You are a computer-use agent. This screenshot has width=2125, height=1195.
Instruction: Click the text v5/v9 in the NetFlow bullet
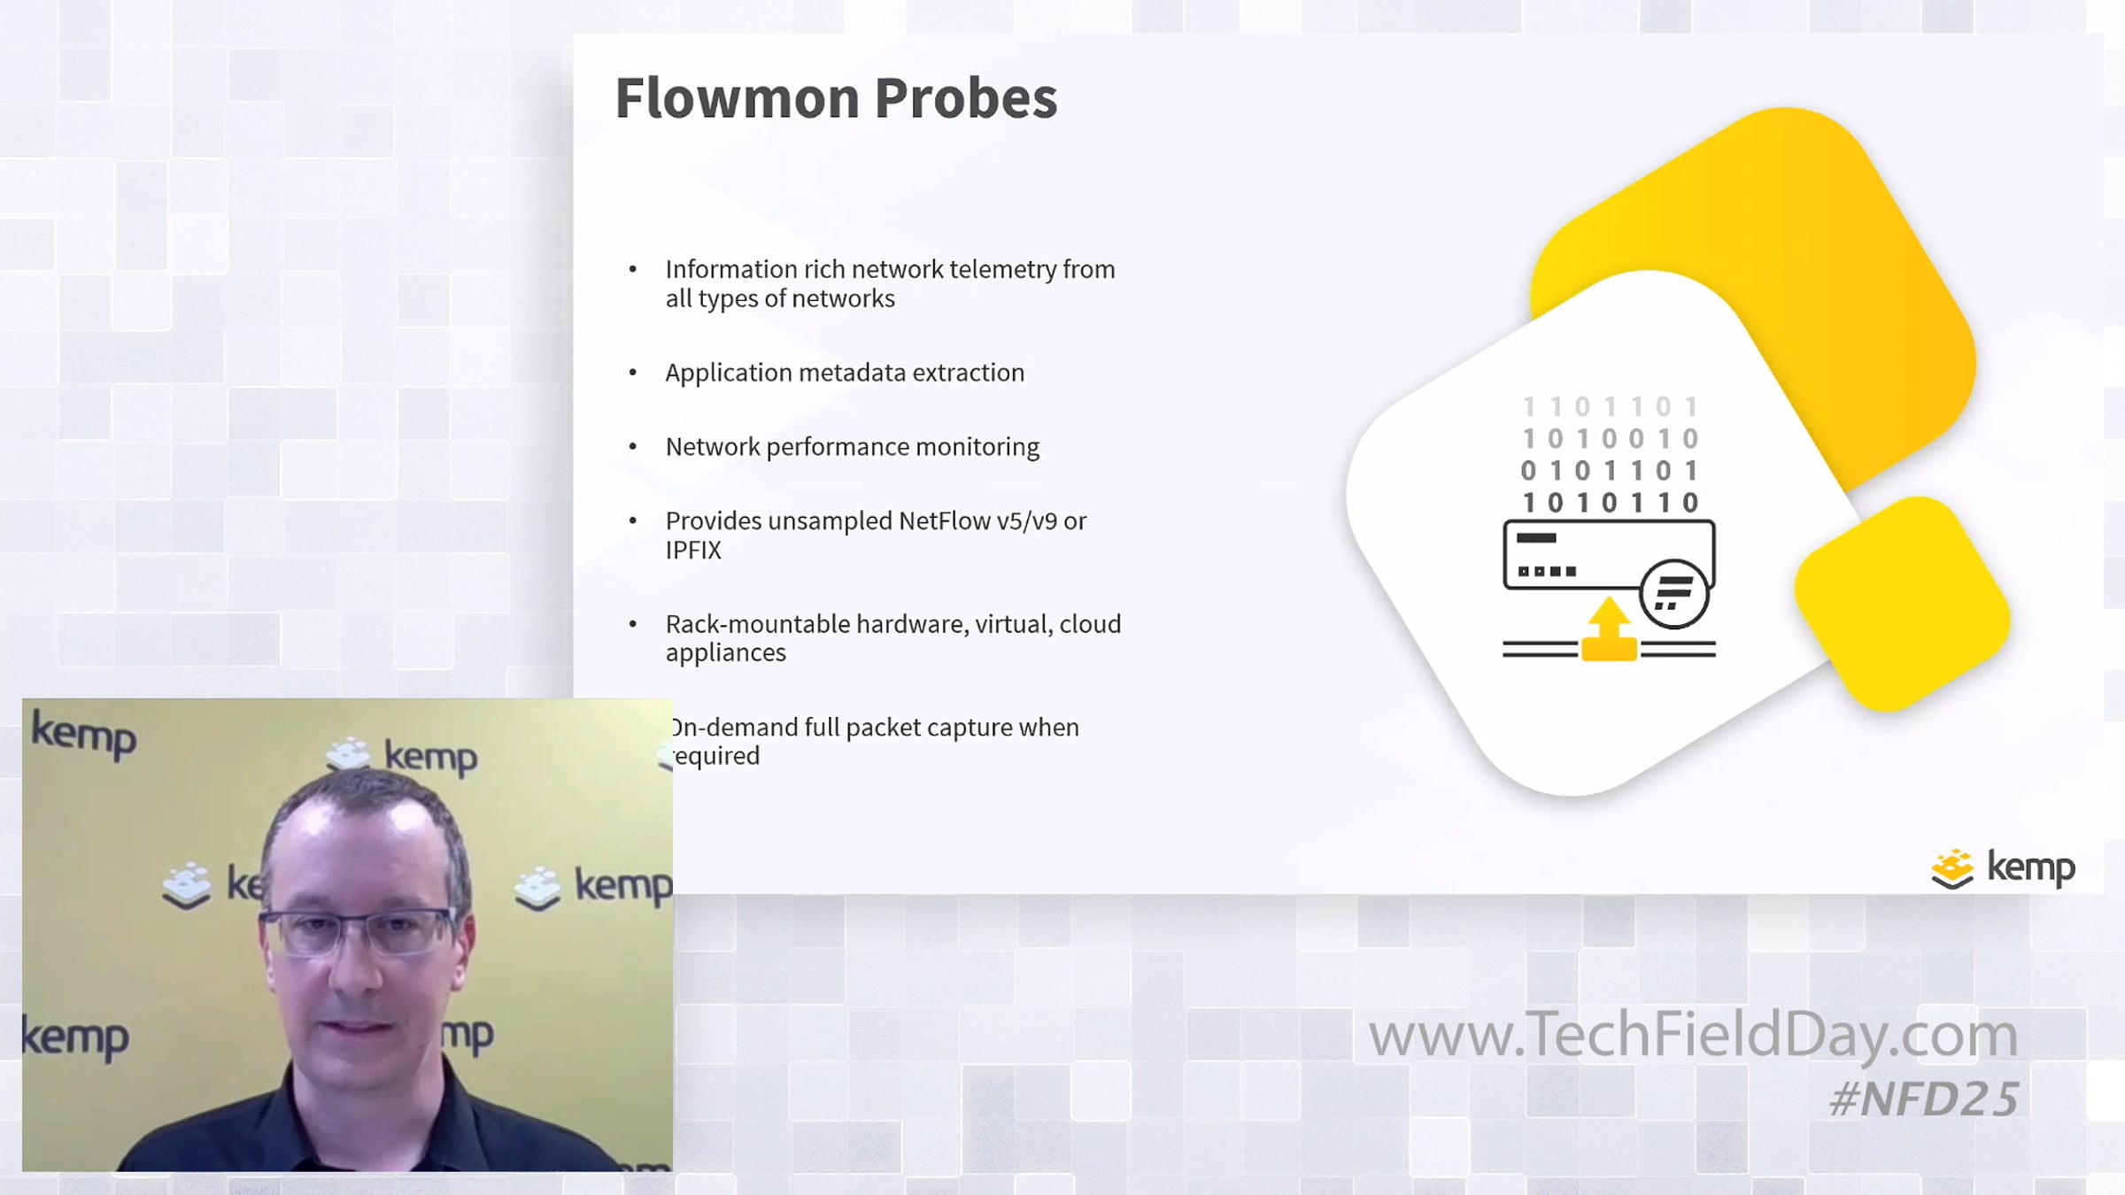1027,521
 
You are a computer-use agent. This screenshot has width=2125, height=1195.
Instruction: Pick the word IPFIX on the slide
693,551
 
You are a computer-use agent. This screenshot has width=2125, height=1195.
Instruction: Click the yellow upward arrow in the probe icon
1609,629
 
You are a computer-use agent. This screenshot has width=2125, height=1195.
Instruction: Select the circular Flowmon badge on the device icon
1673,594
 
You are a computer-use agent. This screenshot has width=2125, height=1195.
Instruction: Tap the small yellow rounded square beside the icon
1903,604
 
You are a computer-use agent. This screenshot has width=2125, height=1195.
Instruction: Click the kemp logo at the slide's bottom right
2003,868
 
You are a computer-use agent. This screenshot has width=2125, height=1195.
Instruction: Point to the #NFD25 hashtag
1924,1099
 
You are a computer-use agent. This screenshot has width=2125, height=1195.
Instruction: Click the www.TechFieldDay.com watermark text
1693,1034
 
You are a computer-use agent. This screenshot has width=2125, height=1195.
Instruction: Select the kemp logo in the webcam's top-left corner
83,736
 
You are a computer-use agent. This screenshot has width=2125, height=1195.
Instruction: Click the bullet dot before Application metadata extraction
632,373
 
